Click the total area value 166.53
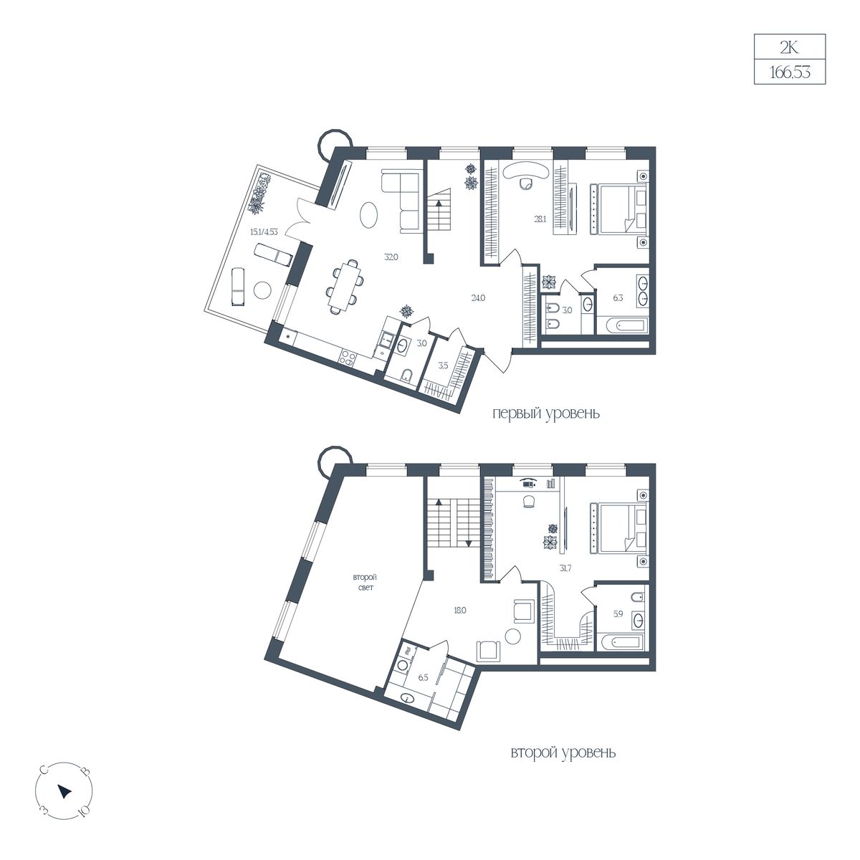point(789,72)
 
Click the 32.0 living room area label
point(391,257)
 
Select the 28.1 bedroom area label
point(540,219)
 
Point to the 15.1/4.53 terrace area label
point(264,232)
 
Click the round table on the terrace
point(262,290)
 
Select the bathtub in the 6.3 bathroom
point(622,326)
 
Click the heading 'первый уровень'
point(546,414)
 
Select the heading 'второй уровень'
point(563,753)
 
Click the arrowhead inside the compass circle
point(64,791)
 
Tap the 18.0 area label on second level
point(459,610)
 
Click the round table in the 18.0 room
point(513,636)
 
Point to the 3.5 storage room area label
point(443,366)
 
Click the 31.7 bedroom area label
point(565,568)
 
